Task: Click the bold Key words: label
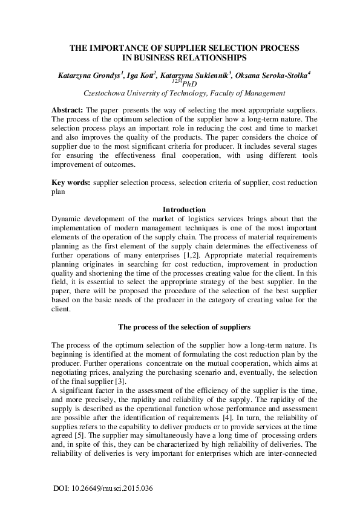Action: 71,182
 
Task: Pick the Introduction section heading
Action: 180,210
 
